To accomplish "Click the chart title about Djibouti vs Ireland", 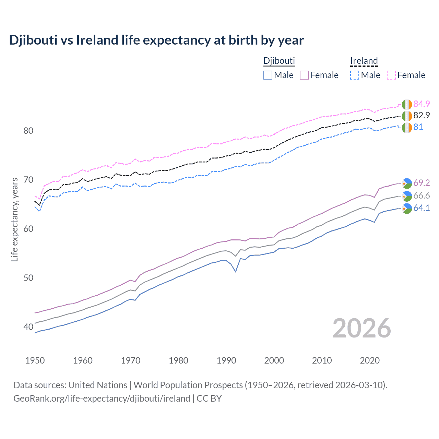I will (156, 40).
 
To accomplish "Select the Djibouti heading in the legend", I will (279, 61).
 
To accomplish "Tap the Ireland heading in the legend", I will (364, 61).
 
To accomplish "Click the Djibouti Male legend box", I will (268, 75).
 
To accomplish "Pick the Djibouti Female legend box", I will (304, 75).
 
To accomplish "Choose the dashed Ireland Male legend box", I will (355, 75).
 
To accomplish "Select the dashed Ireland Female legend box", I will (391, 75).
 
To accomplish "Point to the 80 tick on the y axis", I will (28, 131).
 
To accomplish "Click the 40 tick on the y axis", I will (28, 327).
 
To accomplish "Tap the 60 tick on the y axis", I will (28, 229).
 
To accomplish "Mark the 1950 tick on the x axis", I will (35, 360).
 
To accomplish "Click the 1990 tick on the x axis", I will (226, 360).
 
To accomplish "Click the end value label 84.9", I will (422, 104).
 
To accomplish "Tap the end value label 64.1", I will (422, 208).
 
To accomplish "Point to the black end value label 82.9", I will (422, 116).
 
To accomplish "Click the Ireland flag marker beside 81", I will (407, 127).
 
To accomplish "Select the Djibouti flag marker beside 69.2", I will (407, 183).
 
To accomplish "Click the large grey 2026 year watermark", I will (362, 329).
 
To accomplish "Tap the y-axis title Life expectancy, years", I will (15, 219).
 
